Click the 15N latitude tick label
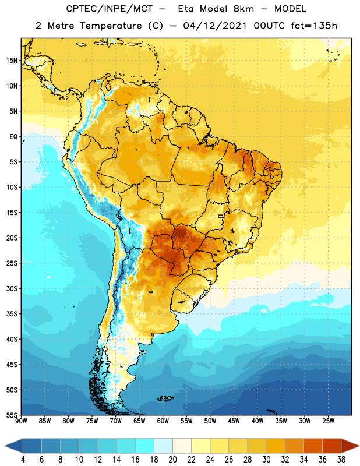[x=12, y=61]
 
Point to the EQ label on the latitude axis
[x=13, y=137]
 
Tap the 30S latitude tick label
[x=12, y=289]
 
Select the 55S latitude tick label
[x=12, y=415]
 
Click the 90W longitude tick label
[x=22, y=421]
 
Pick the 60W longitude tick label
[x=163, y=421]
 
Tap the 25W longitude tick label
[x=328, y=421]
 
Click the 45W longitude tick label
[x=234, y=421]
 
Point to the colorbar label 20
[x=172, y=460]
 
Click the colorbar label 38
[x=341, y=460]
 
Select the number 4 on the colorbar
[x=23, y=460]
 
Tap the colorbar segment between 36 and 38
[x=332, y=446]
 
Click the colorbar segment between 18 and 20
[x=164, y=446]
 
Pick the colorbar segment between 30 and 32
[x=276, y=446]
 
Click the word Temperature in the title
[x=111, y=26]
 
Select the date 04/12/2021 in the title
[x=215, y=26]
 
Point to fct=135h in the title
[x=314, y=26]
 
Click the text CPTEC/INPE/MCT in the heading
[x=110, y=9]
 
